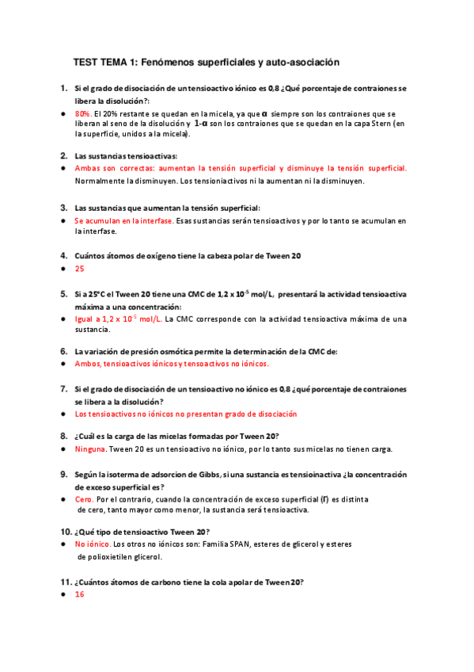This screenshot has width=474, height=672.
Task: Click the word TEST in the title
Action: (x=85, y=61)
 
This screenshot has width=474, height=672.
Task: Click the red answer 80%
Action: (x=83, y=114)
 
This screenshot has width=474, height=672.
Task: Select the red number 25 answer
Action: (x=79, y=269)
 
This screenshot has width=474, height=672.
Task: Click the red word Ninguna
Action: (x=89, y=449)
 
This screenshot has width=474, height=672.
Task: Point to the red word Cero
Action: (x=84, y=500)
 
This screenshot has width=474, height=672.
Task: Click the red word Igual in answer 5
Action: (x=85, y=319)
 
